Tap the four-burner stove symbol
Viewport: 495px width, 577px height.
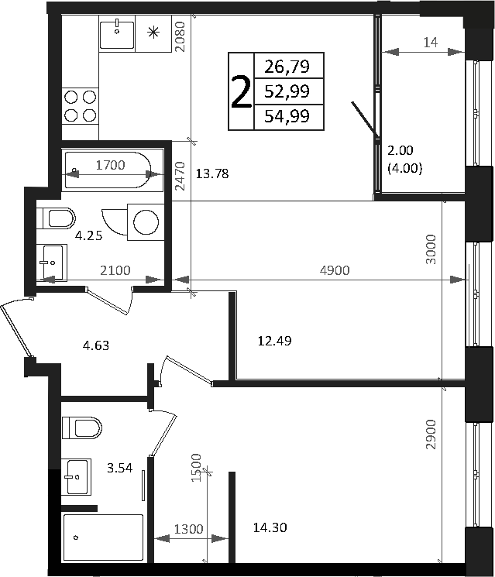click(80, 105)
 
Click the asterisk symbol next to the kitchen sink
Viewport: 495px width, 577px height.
click(153, 33)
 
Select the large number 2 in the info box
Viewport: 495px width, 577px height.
click(241, 92)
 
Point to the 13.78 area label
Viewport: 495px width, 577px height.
click(213, 173)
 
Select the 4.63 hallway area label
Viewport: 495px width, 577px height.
click(96, 345)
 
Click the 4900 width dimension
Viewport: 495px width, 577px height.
click(335, 270)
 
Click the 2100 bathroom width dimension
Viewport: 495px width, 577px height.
click(114, 270)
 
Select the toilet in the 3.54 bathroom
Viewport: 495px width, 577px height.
click(82, 427)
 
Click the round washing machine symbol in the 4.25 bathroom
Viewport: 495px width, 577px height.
click(145, 222)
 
